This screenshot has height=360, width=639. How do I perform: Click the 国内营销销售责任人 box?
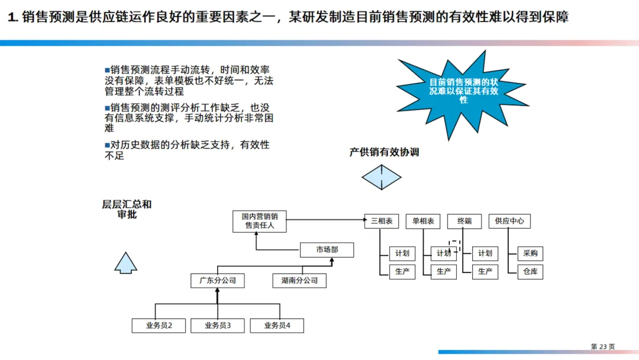260,220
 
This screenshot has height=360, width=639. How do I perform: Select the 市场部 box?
327,250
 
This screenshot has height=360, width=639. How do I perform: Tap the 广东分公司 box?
218,280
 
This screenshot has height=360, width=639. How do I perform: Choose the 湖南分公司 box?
299,280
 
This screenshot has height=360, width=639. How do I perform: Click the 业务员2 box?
159,325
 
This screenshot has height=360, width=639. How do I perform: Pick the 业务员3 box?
218,325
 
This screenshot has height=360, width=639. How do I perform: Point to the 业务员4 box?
277,325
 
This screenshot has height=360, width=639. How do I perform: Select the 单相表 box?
423,221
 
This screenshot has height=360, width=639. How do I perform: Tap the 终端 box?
464,221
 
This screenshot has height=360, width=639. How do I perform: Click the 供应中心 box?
509,221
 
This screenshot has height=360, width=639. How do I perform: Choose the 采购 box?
530,253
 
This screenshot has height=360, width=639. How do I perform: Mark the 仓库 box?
530,272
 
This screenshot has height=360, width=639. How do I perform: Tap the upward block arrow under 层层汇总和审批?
126,262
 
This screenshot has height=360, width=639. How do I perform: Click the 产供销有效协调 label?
384,152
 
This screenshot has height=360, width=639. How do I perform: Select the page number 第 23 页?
602,346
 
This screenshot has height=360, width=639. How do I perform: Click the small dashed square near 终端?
454,245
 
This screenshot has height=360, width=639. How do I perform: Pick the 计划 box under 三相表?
402,253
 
